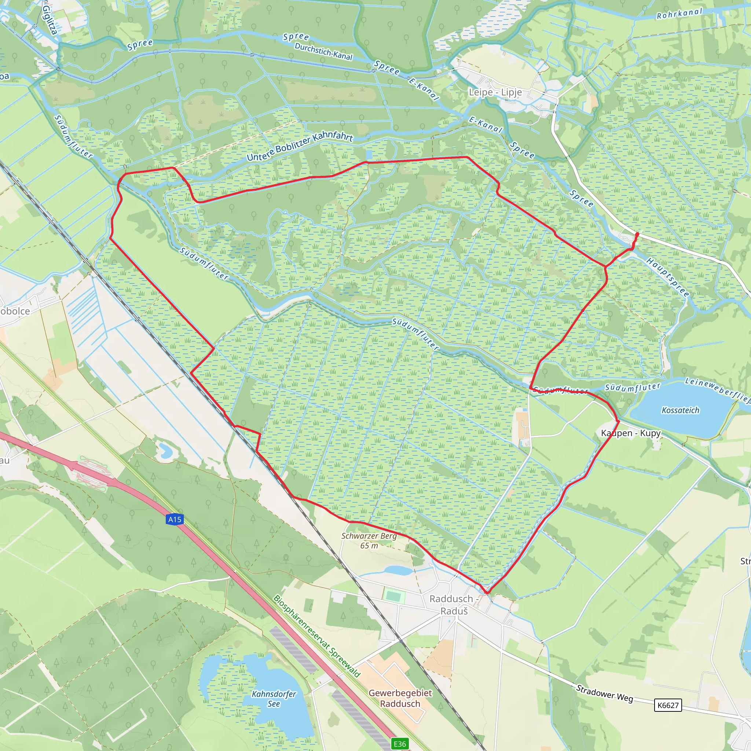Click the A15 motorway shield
coord(175,519)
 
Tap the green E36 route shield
coord(400,744)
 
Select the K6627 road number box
coord(668,705)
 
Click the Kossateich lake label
coord(680,410)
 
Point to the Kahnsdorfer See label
coord(274,699)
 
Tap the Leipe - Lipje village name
coord(495,92)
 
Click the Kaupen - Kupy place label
coord(630,433)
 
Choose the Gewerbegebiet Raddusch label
coord(400,698)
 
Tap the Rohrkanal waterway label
coord(679,14)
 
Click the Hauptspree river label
coord(667,277)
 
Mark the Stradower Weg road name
coord(604,693)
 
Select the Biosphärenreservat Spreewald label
coord(316,636)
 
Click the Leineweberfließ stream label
coord(717,389)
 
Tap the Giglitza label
coord(50,19)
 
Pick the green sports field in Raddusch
coord(394,596)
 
